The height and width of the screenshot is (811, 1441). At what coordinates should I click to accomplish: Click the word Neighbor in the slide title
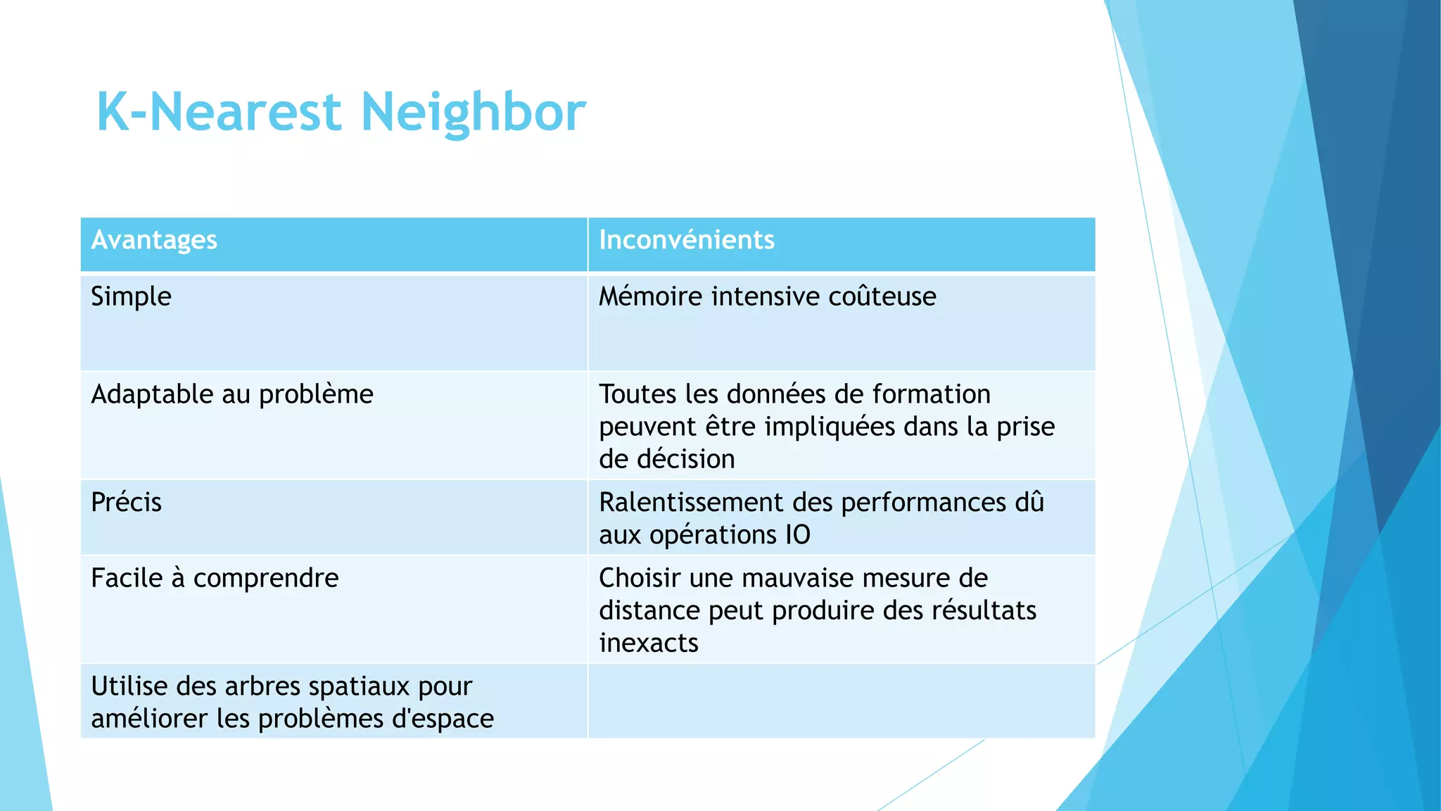474,113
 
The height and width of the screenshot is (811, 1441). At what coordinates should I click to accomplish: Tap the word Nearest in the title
246,113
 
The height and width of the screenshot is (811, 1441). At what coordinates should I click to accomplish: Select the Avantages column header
154,240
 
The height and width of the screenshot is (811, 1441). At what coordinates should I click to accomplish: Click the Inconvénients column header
687,240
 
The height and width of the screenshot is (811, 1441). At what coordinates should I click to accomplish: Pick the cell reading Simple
131,296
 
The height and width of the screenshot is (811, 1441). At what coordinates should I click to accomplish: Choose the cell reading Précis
127,503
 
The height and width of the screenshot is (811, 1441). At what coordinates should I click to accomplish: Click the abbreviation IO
798,535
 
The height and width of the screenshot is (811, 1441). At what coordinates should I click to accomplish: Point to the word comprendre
266,579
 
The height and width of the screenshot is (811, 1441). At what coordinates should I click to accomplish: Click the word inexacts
649,643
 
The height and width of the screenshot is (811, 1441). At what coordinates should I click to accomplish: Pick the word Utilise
129,686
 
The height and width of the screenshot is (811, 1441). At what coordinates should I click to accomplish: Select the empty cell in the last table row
842,701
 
